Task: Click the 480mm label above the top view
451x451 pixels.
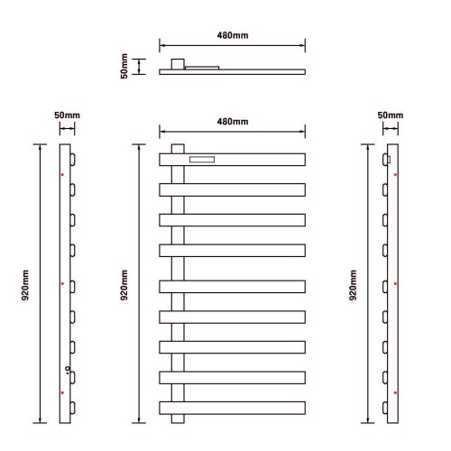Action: [233, 35]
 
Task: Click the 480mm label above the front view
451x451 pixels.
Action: [233, 122]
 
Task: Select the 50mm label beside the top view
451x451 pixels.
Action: [124, 66]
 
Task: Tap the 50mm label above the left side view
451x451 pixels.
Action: [67, 115]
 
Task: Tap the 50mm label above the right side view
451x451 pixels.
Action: [391, 115]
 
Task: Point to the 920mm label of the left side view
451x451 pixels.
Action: [25, 285]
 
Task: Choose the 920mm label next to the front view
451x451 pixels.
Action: [124, 285]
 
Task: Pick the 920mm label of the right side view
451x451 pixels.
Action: [353, 285]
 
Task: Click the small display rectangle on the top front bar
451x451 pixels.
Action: [202, 160]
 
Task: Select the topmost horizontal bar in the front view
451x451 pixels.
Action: [233, 160]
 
